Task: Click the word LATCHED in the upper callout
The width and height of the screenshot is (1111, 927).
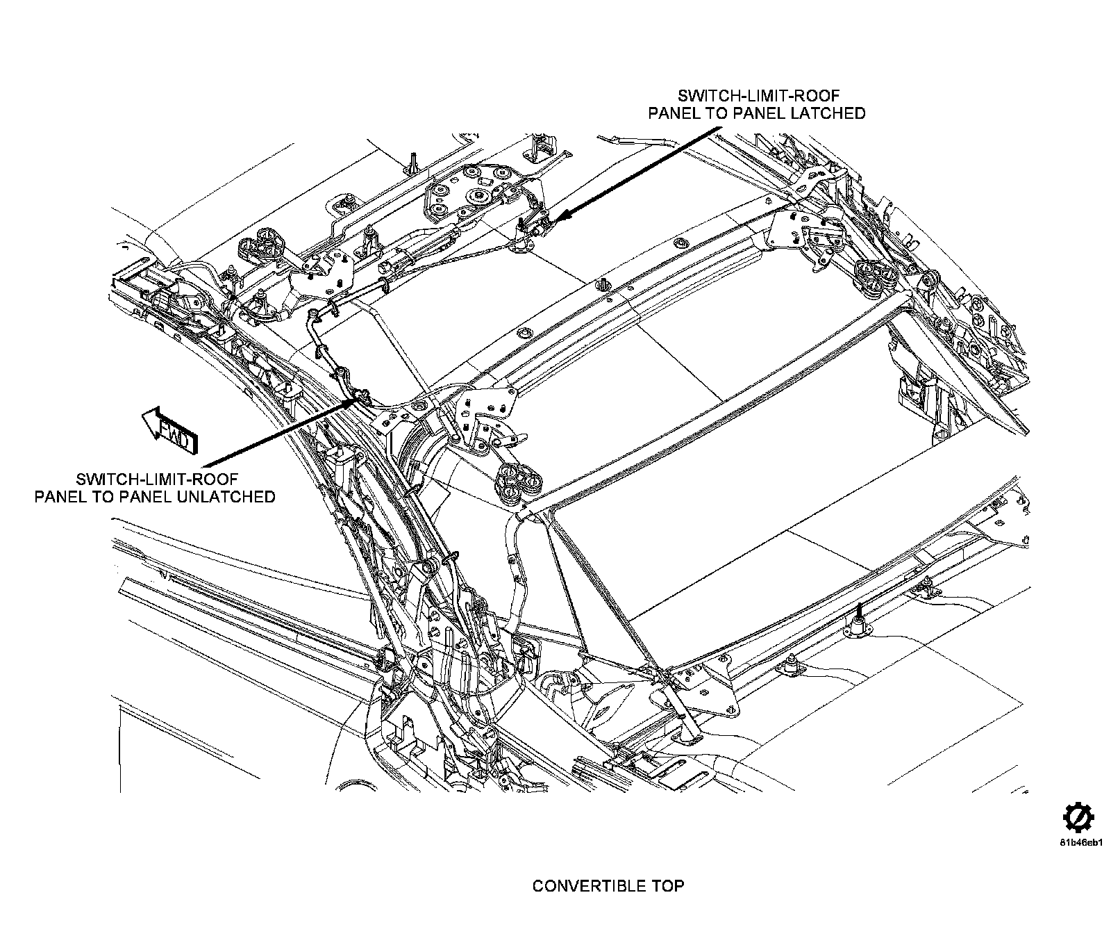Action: tap(828, 113)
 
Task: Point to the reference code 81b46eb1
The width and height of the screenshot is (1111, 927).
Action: tap(1081, 844)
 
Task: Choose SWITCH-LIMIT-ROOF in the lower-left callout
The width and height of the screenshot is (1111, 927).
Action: tap(157, 479)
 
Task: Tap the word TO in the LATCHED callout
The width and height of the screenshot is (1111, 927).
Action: tap(716, 113)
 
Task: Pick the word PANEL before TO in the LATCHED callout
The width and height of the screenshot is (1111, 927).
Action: tap(675, 113)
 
